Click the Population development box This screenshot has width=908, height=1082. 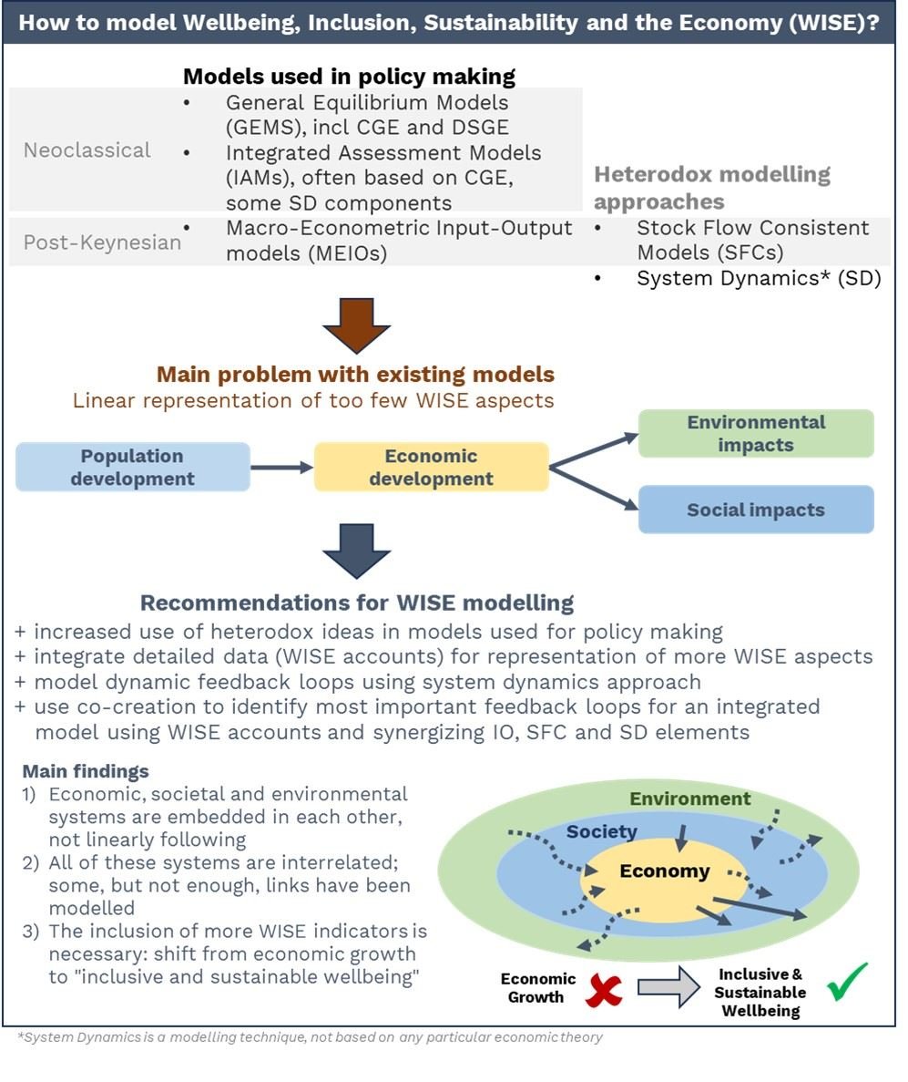pyautogui.click(x=132, y=467)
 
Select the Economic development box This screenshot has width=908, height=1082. pyautogui.click(x=431, y=467)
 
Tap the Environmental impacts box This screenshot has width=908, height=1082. pyautogui.click(x=756, y=433)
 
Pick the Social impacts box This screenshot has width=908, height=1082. pyautogui.click(x=756, y=510)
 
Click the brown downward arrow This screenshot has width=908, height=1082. pyautogui.click(x=356, y=325)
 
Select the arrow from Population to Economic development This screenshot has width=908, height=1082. pyautogui.click(x=282, y=467)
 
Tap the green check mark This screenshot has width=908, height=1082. pyautogui.click(x=847, y=982)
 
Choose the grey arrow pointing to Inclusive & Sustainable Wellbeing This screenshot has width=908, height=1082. pyautogui.click(x=668, y=987)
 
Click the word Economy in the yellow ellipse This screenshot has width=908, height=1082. pyautogui.click(x=664, y=871)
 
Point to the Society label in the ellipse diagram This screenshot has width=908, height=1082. pyautogui.click(x=601, y=831)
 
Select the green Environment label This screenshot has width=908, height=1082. pyautogui.click(x=689, y=799)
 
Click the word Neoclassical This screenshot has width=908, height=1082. pyautogui.click(x=87, y=149)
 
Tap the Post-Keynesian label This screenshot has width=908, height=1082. pyautogui.click(x=102, y=242)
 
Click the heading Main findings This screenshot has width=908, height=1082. pyautogui.click(x=86, y=771)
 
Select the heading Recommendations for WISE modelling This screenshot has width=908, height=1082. pyautogui.click(x=356, y=603)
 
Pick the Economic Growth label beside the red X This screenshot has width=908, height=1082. pyautogui.click(x=537, y=987)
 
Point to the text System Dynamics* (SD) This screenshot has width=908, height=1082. pyautogui.click(x=759, y=278)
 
